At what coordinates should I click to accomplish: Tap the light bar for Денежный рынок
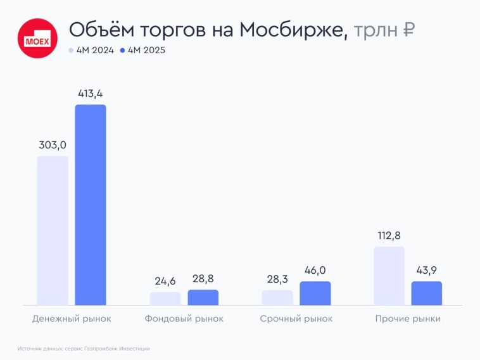53,231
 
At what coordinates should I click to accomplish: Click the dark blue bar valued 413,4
91,205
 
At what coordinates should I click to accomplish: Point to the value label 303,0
53,145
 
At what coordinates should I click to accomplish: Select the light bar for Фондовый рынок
165,299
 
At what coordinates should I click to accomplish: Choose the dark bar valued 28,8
203,297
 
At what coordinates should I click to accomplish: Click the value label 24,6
165,280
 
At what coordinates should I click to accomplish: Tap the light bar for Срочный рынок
277,298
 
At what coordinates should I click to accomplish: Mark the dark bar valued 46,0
315,293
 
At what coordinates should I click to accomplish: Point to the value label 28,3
277,279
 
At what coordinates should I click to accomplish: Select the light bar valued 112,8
389,276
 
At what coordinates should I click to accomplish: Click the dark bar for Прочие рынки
427,293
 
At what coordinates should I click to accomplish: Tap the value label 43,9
427,270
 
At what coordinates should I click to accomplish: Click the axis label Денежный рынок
72,319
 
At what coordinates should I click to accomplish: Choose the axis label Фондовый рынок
184,319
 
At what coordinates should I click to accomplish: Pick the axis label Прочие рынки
408,319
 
